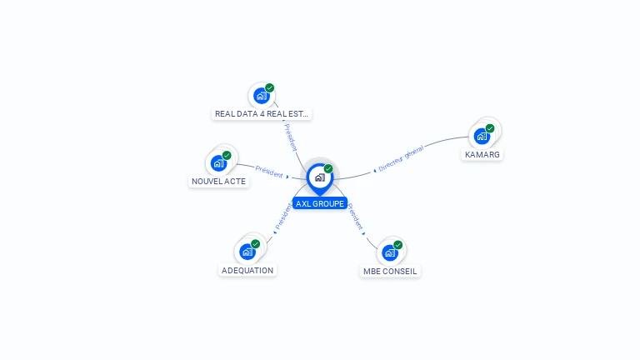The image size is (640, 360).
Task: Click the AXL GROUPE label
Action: [x=319, y=203]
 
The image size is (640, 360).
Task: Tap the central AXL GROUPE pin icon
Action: [x=319, y=177]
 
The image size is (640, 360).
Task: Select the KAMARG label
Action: [x=482, y=155]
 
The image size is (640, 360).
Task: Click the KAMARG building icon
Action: [x=482, y=136]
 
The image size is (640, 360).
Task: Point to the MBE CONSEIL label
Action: [x=390, y=271]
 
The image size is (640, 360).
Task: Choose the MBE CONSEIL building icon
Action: [x=389, y=252]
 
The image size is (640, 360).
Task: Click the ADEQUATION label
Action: [x=247, y=270]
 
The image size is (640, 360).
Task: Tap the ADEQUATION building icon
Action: [x=247, y=251]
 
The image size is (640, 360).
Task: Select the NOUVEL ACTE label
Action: [x=219, y=181]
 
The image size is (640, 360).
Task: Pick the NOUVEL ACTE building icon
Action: [x=218, y=162]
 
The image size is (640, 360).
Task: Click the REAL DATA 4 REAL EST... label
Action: [x=262, y=114]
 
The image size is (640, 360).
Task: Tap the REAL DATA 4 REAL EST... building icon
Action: [x=261, y=95]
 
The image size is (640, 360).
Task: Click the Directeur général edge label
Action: [x=401, y=158]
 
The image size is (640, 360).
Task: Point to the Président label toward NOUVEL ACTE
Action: [x=269, y=172]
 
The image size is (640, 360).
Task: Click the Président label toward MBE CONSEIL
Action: [x=356, y=217]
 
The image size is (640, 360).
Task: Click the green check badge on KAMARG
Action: [x=490, y=128]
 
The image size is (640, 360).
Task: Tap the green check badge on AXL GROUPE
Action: [x=328, y=169]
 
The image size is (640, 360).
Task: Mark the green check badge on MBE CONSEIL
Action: [x=398, y=245]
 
